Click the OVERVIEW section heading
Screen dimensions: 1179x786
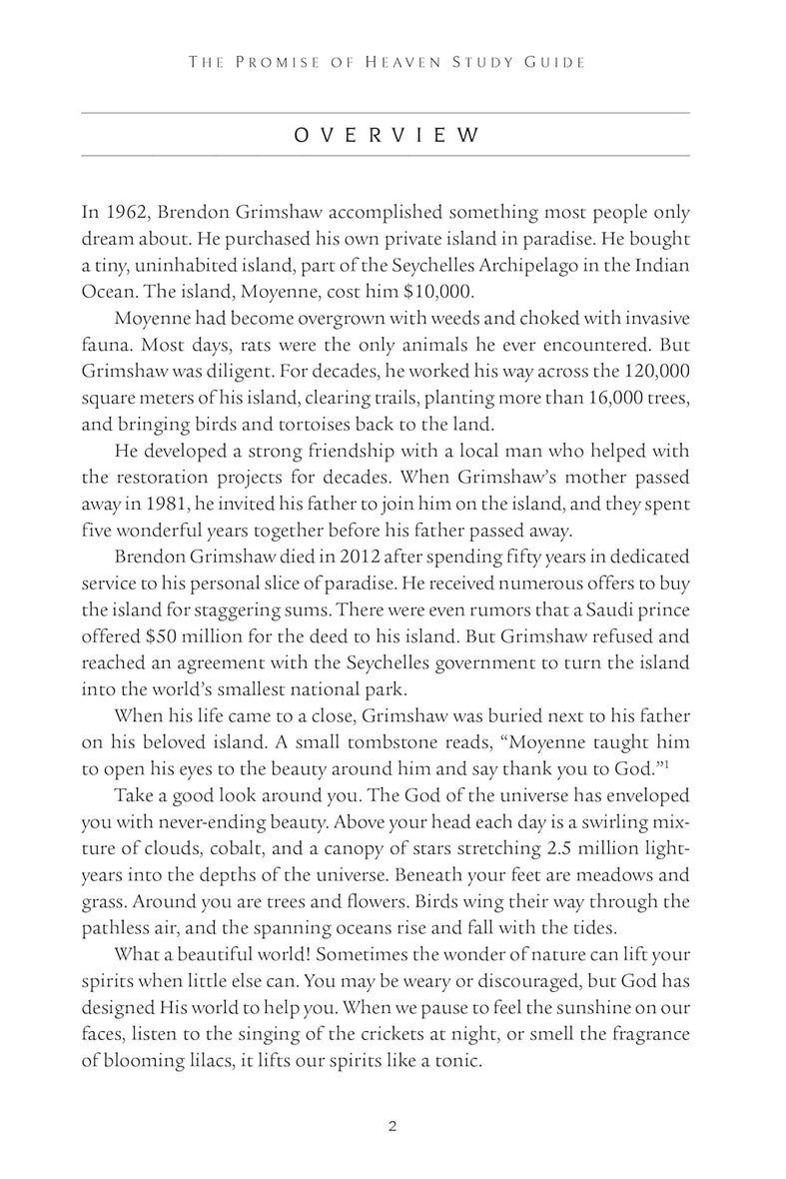(x=385, y=135)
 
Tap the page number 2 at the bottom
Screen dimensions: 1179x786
(x=393, y=1126)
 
